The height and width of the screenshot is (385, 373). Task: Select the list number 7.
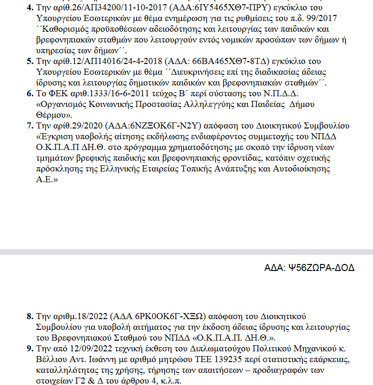(29, 126)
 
